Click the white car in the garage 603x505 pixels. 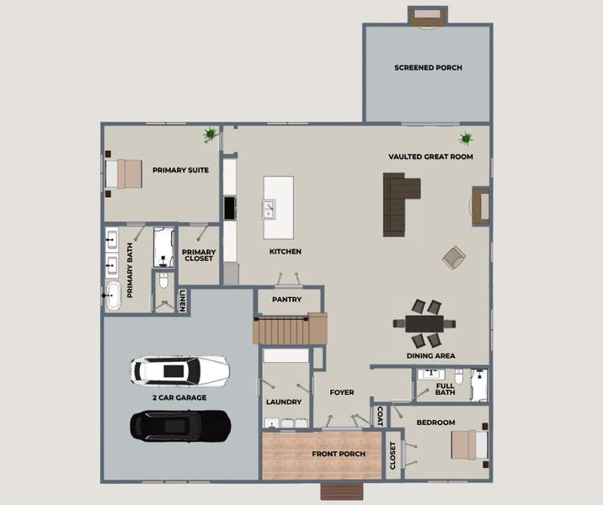(x=180, y=371)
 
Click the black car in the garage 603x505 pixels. (x=180, y=426)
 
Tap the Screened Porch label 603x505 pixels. (x=428, y=67)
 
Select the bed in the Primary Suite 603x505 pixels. (x=124, y=173)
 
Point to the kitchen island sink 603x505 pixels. (x=269, y=210)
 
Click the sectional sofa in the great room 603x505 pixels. (x=399, y=204)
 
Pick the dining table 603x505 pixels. (x=424, y=323)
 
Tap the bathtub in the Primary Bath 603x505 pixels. (x=113, y=295)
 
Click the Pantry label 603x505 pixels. (x=287, y=300)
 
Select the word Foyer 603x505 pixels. (x=342, y=392)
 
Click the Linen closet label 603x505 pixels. (x=183, y=300)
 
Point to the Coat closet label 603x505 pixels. (x=380, y=417)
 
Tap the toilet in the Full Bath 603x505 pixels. (x=459, y=376)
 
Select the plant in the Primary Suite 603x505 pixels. (x=210, y=134)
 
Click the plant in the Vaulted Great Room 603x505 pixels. (x=466, y=138)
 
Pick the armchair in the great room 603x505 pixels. (x=454, y=257)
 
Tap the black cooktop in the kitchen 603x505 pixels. (x=230, y=208)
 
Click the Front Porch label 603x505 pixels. (x=339, y=454)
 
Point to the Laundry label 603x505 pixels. (x=284, y=402)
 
